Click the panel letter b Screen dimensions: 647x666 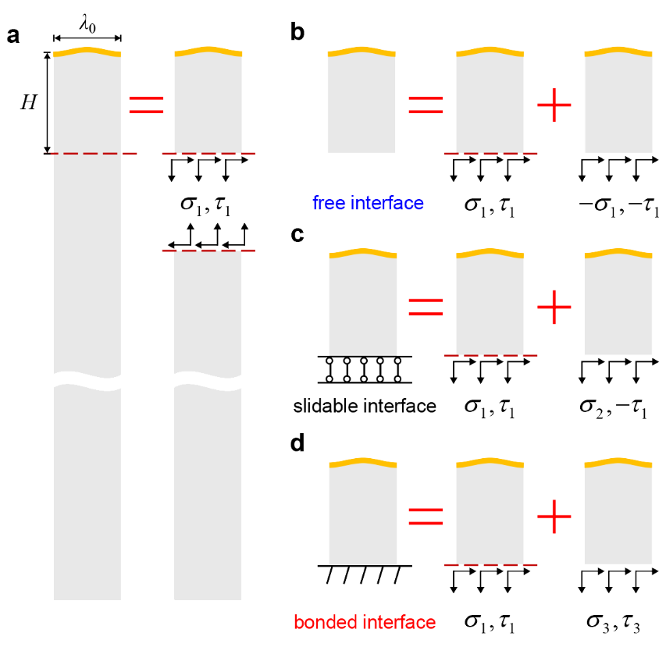click(297, 33)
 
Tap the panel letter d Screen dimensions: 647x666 click(297, 444)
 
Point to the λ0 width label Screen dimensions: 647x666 click(87, 25)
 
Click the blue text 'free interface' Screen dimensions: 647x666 click(368, 204)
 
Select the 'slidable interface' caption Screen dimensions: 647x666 click(365, 406)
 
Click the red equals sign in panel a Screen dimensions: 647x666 click(146, 105)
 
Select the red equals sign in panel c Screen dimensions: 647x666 click(426, 308)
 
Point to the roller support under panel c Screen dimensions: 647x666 click(365, 370)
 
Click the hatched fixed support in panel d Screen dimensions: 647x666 click(365, 574)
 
